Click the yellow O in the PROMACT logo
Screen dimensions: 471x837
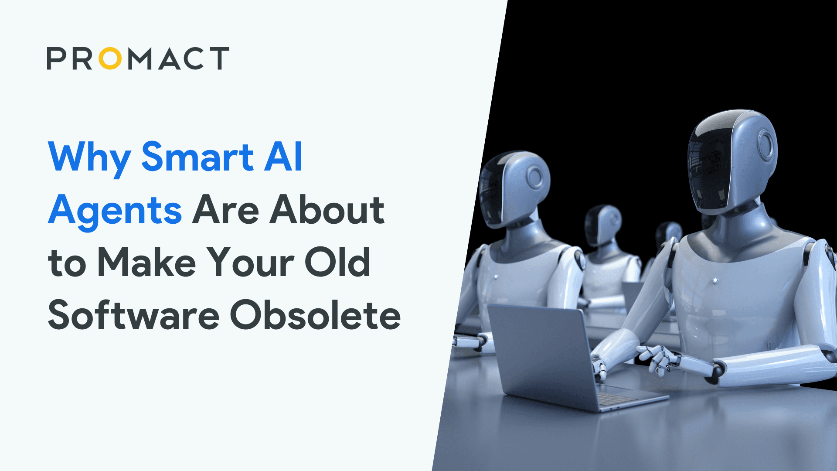point(110,58)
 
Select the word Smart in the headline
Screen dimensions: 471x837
point(197,157)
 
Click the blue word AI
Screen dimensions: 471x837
point(283,157)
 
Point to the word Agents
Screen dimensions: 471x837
point(115,211)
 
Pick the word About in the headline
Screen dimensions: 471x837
point(327,210)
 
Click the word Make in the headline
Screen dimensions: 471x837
point(146,263)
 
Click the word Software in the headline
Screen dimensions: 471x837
point(133,316)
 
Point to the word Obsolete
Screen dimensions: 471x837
point(315,316)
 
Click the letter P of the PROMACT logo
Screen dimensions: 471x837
point(56,58)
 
